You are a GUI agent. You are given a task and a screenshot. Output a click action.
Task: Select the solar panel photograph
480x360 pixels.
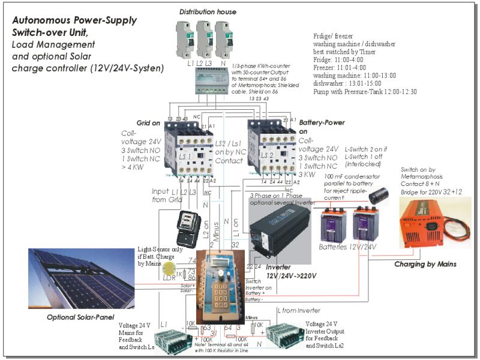pyautogui.click(x=80, y=278)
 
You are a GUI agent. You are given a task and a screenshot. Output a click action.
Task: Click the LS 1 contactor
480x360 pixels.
pyautogui.click(x=187, y=148)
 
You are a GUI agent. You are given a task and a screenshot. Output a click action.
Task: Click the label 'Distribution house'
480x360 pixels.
pyautogui.click(x=208, y=11)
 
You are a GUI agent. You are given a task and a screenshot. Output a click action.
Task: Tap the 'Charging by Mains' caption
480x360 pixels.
pyautogui.click(x=425, y=264)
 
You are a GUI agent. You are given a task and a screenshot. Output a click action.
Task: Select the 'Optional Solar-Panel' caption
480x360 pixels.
pyautogui.click(x=81, y=316)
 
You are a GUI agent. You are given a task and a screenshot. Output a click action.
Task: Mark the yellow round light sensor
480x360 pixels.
pyautogui.click(x=170, y=267)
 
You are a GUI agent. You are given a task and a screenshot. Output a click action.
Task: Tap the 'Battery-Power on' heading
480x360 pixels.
pyautogui.click(x=320, y=126)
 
